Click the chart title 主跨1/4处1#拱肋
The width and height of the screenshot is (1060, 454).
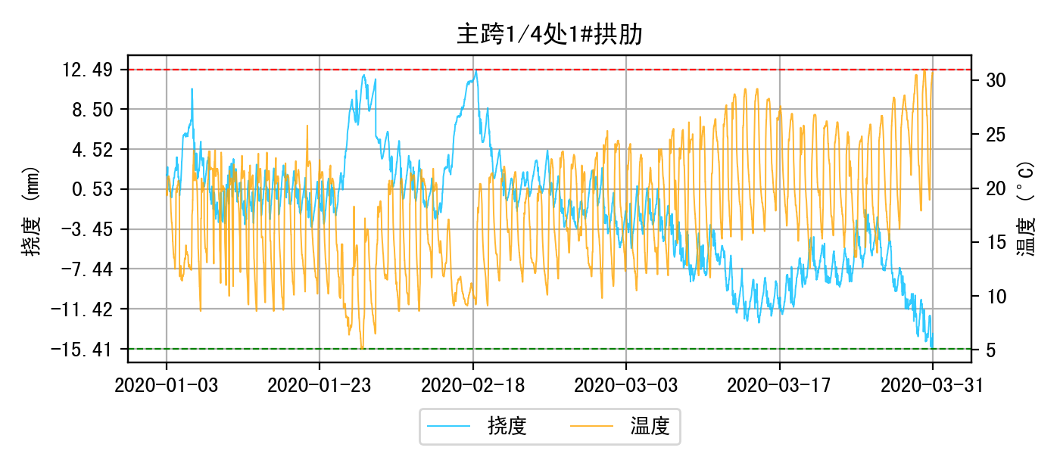pyautogui.click(x=550, y=35)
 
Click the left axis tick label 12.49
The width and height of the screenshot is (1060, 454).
pyautogui.click(x=88, y=70)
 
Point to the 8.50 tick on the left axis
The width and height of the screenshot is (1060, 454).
pyautogui.click(x=92, y=110)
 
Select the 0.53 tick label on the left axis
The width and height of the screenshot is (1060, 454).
pyautogui.click(x=92, y=189)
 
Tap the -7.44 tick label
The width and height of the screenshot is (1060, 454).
pyautogui.click(x=88, y=269)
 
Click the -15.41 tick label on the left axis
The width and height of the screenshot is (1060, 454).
pyautogui.click(x=84, y=349)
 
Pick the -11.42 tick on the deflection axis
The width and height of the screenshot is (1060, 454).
pyautogui.click(x=84, y=309)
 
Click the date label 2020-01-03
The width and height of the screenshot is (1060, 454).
pyautogui.click(x=167, y=384)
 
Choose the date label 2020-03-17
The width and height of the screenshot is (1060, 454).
pyautogui.click(x=779, y=384)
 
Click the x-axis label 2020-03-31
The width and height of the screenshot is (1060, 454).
pyautogui.click(x=932, y=384)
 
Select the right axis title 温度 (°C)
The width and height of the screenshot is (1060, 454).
pyautogui.click(x=1027, y=208)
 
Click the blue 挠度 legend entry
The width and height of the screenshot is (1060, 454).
pyautogui.click(x=477, y=427)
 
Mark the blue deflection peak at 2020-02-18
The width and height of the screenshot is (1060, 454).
pyautogui.click(x=475, y=71)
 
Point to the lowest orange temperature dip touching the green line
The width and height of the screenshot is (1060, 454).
pyautogui.click(x=362, y=347)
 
